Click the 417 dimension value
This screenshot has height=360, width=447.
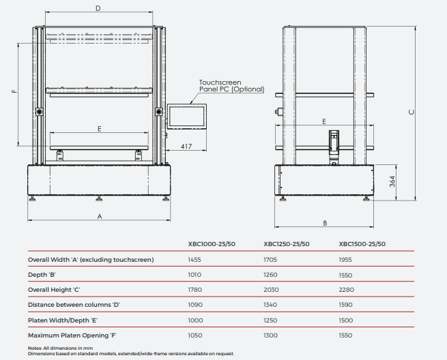(186, 147)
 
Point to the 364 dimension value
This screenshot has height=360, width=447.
(392, 181)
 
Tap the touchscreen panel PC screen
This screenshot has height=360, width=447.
(187, 116)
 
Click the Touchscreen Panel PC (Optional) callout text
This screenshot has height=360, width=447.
(231, 86)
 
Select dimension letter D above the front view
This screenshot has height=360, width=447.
(98, 9)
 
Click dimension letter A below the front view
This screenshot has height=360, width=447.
(100, 217)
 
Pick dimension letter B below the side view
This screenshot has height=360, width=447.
(325, 223)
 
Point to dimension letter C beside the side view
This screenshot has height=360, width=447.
(412, 112)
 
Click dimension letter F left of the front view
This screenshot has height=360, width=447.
(14, 91)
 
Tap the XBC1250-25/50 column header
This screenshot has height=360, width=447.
(286, 244)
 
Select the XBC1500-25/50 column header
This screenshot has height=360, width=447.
(362, 244)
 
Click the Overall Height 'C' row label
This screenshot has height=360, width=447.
(54, 290)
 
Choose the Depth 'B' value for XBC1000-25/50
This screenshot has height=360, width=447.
(194, 275)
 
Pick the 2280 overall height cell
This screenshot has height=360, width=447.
(347, 290)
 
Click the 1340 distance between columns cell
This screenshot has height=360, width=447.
(270, 305)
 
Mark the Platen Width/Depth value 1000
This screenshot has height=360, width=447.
(195, 320)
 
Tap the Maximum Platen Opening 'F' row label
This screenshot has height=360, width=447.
(72, 335)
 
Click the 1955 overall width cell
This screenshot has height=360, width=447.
(345, 260)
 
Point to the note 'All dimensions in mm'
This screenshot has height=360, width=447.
(68, 348)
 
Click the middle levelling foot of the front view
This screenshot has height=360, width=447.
(99, 198)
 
